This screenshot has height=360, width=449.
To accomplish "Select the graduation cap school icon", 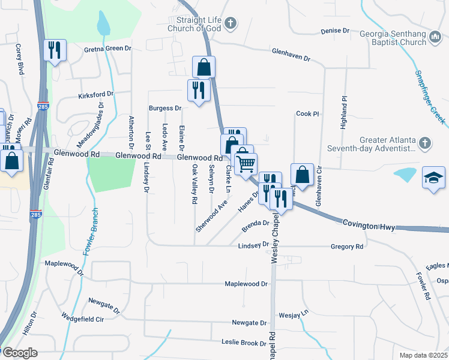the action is click(434, 178).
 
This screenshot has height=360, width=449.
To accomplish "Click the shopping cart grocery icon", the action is click(246, 163).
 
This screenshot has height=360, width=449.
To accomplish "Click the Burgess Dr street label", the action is click(165, 109).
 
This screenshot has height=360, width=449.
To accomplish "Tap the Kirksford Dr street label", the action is click(96, 95).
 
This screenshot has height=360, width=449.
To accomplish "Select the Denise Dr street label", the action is click(335, 31).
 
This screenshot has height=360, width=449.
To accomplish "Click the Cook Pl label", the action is click(306, 113).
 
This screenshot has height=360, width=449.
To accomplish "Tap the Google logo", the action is click(19, 353).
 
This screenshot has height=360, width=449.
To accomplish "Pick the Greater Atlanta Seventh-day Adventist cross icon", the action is click(425, 143).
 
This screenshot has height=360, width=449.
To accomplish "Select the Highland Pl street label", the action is click(344, 112).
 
